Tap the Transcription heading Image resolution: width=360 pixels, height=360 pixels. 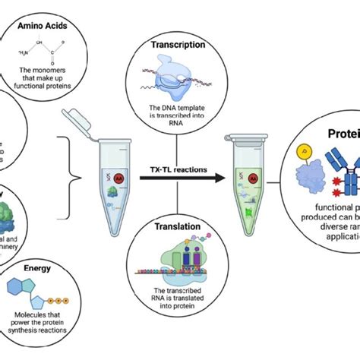pos(178,44)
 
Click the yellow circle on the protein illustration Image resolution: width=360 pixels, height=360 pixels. pos(304,153)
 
